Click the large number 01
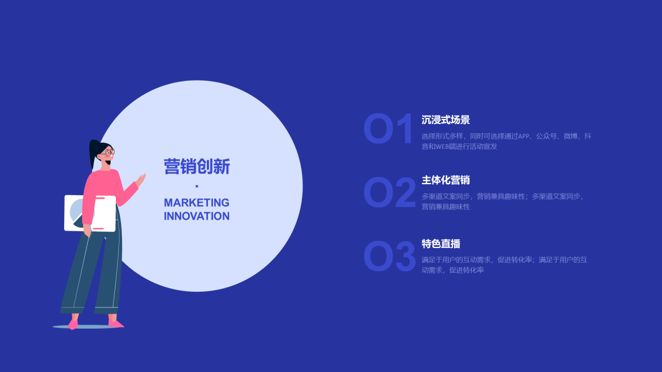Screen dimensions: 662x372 pos(388,129)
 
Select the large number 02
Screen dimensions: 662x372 pos(389,193)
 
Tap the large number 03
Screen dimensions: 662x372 pos(389,256)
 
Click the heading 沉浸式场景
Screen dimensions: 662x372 pos(446,120)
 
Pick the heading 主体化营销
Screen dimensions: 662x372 pos(446,180)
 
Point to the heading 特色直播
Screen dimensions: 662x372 pos(441,244)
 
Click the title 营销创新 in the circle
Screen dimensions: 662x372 pos(197,166)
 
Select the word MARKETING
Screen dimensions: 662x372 pos(197,203)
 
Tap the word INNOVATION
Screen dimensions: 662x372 pos(197,216)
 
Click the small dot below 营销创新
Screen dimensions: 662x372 pos(197,186)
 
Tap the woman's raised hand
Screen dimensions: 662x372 pos(141,180)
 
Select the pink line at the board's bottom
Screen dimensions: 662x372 pos(98,228)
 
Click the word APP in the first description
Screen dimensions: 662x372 pos(524,136)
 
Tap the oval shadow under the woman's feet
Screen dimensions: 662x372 pos(88,327)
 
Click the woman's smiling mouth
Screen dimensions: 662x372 pos(109,162)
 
